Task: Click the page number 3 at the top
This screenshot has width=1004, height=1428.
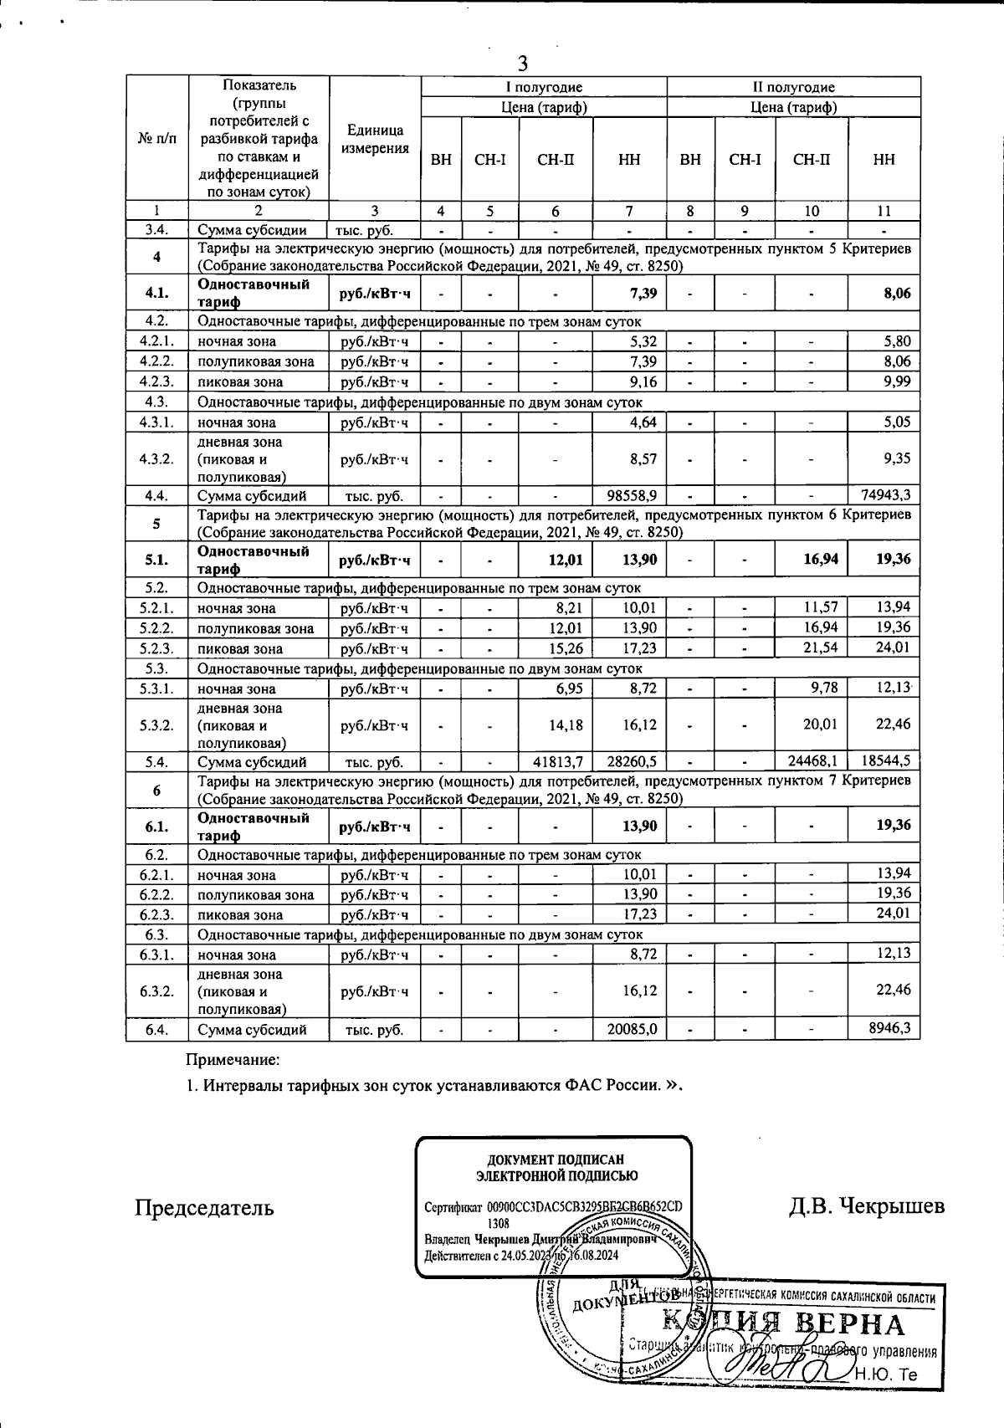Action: (x=523, y=63)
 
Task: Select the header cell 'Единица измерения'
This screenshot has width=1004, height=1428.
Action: (x=375, y=140)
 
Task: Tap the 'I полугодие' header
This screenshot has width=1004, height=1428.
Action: (x=543, y=87)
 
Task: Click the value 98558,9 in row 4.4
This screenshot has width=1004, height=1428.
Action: (x=630, y=496)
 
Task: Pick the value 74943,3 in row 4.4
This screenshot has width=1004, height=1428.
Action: (x=885, y=496)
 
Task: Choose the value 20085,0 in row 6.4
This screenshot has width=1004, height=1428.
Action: (x=630, y=1030)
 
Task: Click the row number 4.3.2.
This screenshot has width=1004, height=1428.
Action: (x=157, y=459)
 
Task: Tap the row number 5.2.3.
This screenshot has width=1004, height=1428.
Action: (x=157, y=648)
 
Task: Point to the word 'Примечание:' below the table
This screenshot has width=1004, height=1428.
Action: (x=233, y=1060)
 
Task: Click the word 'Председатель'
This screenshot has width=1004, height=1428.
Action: (x=204, y=1207)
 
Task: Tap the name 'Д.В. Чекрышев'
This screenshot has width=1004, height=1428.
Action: (x=866, y=1205)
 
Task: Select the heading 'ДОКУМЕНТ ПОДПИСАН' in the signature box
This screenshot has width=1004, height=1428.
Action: (x=556, y=1159)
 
